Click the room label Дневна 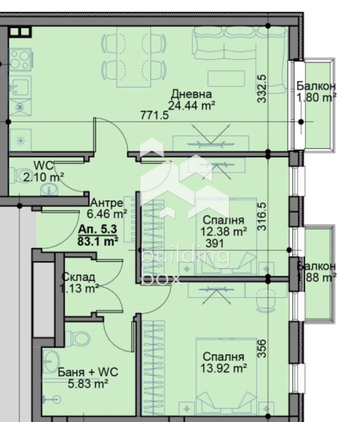[191, 94]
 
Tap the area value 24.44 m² [191, 105]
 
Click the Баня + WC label [88, 372]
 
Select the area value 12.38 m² [223, 231]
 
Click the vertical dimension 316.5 [262, 217]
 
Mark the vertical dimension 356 [262, 348]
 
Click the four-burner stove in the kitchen [20, 59]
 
